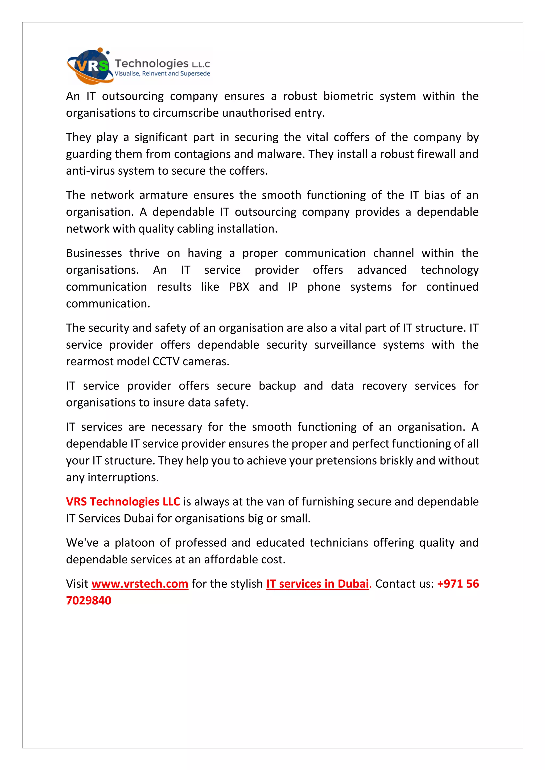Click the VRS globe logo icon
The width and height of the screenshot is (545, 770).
pos(89,66)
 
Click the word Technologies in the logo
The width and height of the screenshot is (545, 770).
pos(152,63)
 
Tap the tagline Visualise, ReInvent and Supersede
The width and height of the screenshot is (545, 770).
pos(162,73)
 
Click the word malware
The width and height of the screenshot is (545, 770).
pos(280,154)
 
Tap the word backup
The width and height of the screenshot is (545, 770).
pos(277,386)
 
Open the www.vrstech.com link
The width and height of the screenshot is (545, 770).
pos(140,584)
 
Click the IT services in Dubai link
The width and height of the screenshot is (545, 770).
pos(317,584)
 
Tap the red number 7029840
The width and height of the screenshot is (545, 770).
pos(89,601)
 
